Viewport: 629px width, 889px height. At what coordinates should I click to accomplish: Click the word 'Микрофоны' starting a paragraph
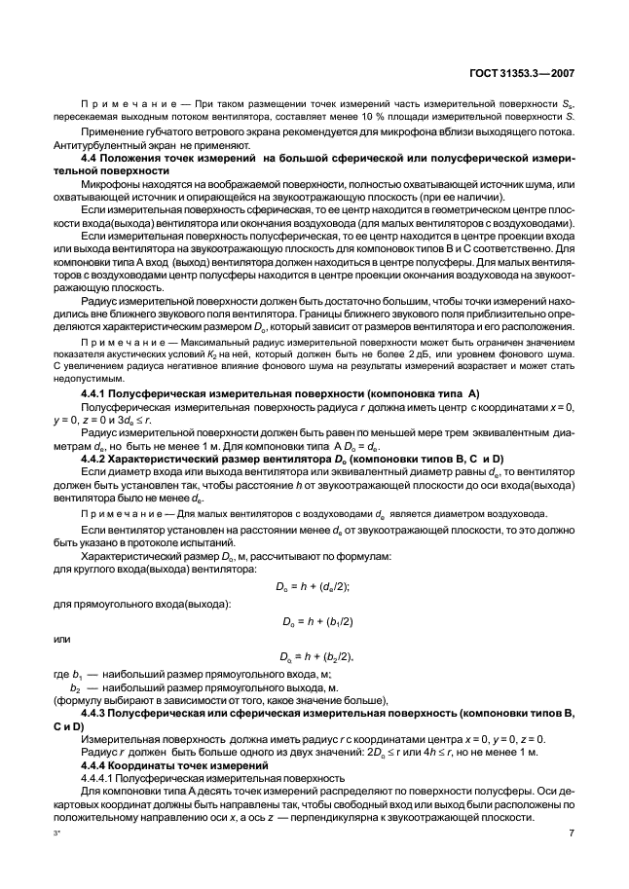(111, 185)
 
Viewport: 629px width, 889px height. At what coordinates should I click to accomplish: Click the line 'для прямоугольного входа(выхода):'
(135, 605)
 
